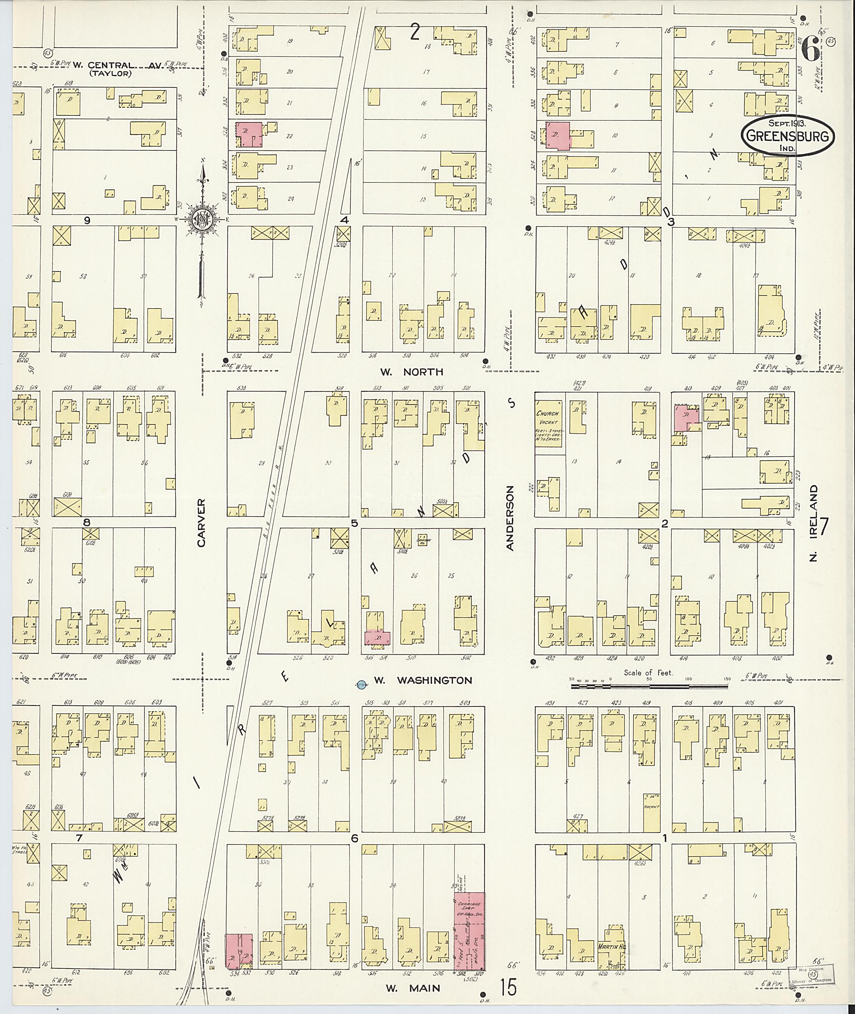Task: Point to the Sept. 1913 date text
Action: pos(787,123)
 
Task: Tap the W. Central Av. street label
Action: pos(116,65)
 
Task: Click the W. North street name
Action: pos(411,372)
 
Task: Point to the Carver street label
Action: pos(202,523)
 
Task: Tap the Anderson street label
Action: pos(509,518)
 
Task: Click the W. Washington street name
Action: pos(422,680)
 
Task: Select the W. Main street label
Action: pos(413,988)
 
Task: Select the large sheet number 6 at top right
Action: pos(810,51)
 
